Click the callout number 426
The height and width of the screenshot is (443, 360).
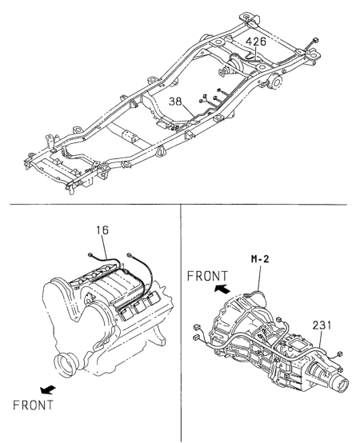[256, 42]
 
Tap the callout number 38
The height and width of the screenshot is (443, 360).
[175, 102]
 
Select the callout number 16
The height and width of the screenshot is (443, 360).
[102, 230]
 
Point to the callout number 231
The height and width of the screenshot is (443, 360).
[322, 325]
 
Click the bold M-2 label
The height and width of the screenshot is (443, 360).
[260, 258]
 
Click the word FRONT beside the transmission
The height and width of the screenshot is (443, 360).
[207, 276]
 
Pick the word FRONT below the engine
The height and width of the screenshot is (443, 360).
[33, 405]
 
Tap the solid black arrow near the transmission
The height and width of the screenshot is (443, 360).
[222, 289]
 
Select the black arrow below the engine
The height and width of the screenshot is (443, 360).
[48, 390]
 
